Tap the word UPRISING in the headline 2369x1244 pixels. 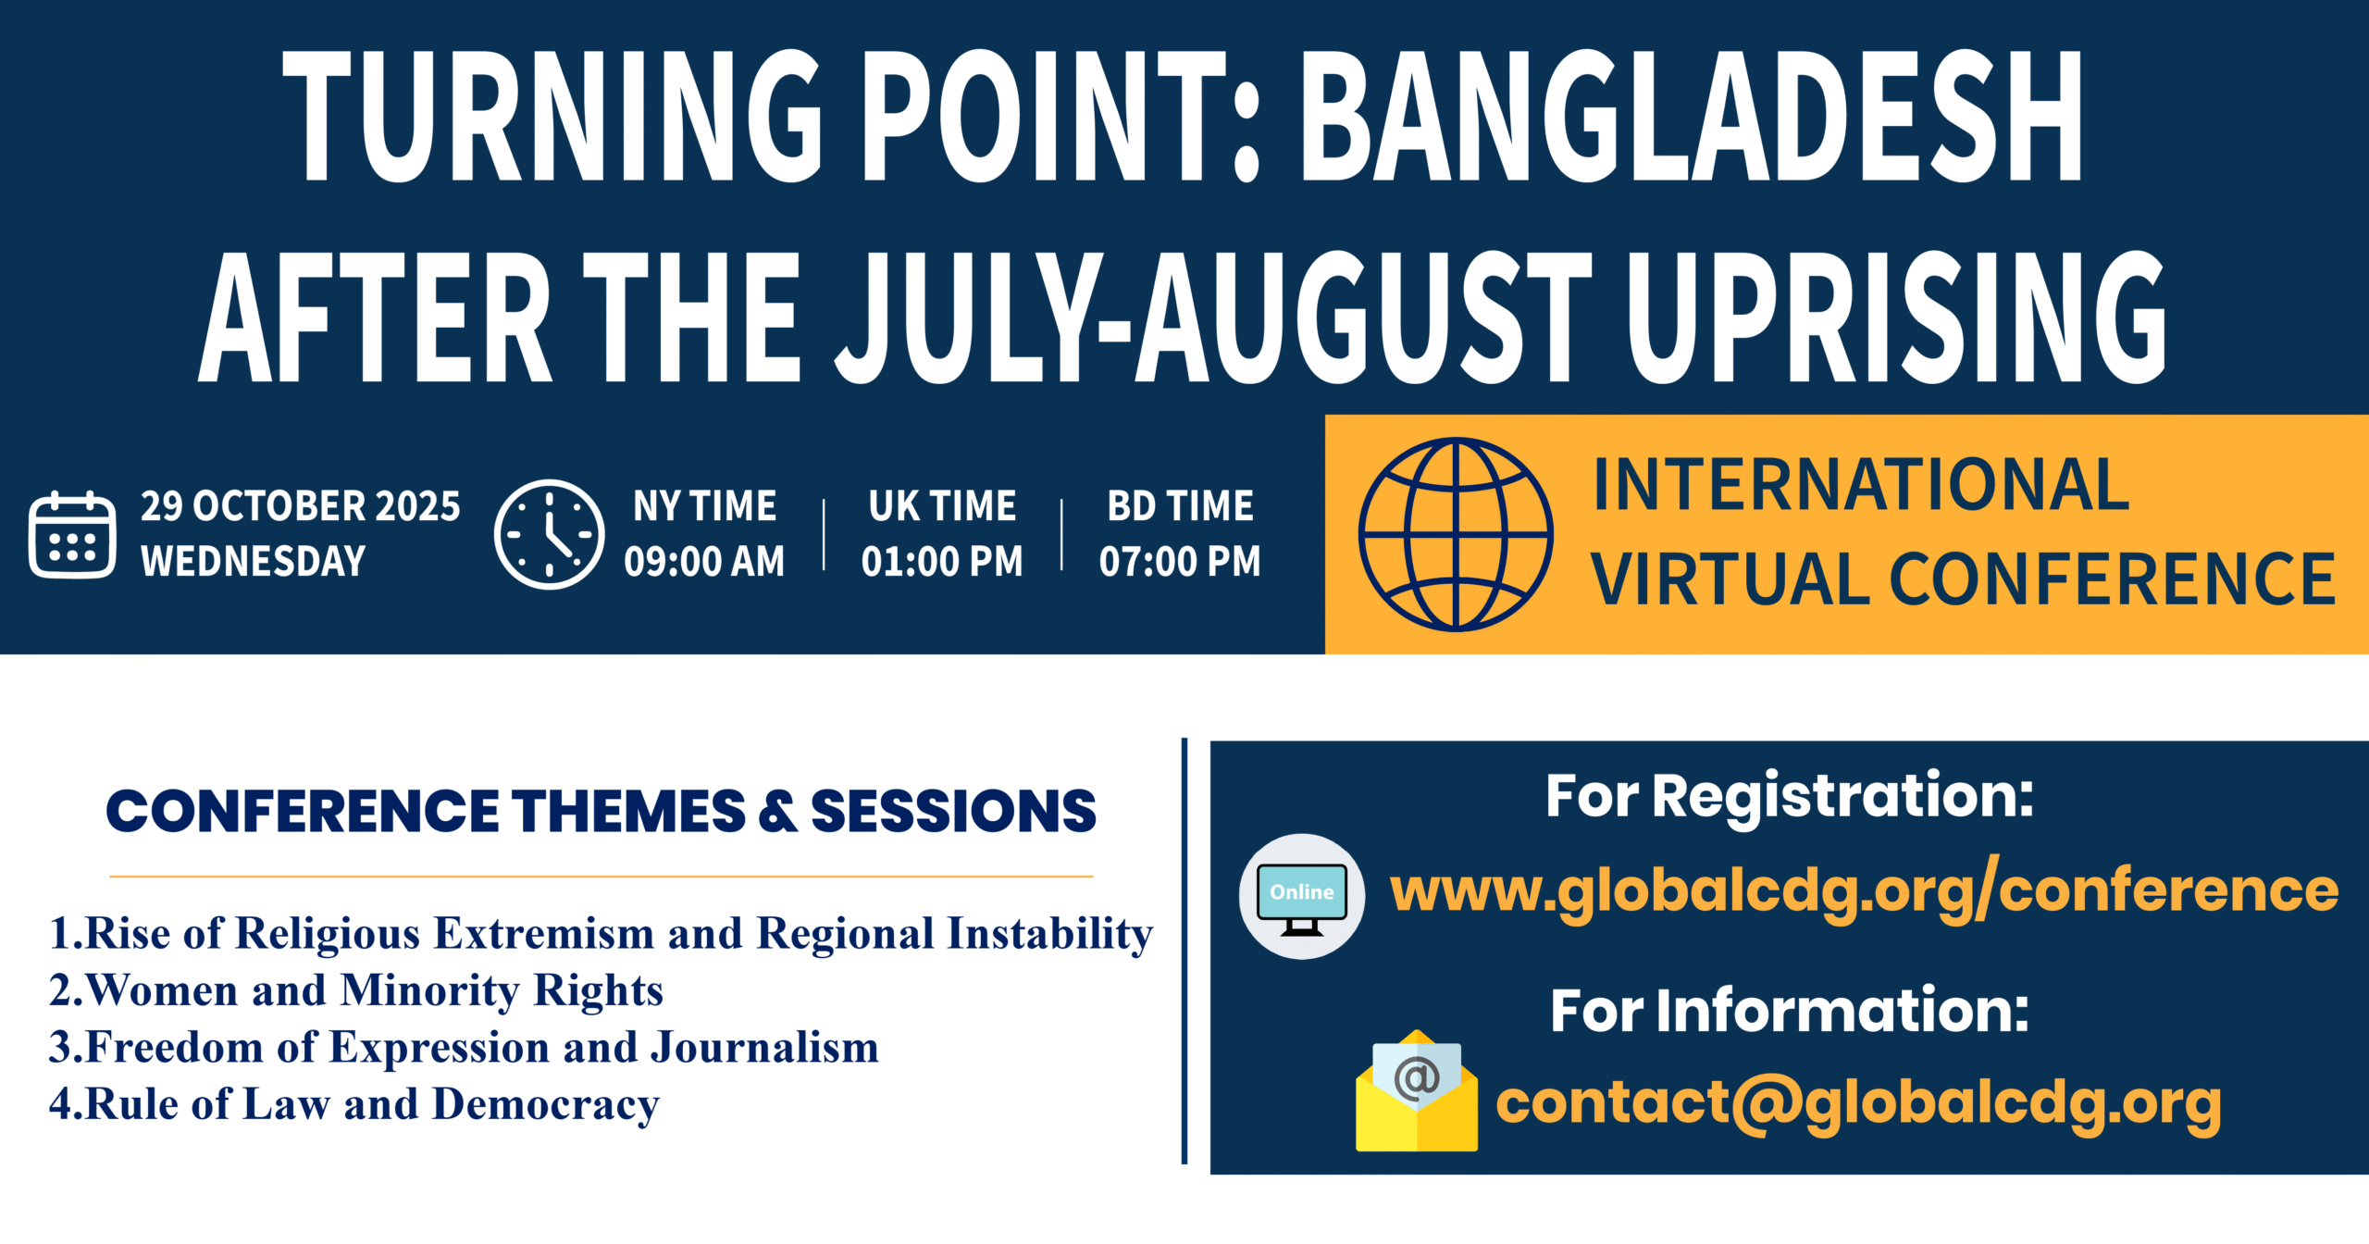click(1896, 317)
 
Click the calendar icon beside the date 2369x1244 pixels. click(72, 535)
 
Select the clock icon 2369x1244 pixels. click(550, 534)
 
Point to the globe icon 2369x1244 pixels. click(1456, 534)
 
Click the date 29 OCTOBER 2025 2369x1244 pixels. click(300, 506)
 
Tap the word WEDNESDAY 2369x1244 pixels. click(253, 561)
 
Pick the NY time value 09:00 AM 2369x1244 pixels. click(704, 561)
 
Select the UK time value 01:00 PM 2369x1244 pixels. click(942, 561)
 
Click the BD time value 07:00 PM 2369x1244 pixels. click(1180, 561)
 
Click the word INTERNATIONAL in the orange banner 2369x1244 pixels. click(1861, 484)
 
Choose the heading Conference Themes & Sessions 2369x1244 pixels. click(601, 811)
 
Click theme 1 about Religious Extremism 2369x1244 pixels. click(601, 933)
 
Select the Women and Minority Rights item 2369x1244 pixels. click(356, 990)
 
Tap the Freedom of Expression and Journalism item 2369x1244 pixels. click(464, 1048)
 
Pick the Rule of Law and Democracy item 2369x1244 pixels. click(354, 1104)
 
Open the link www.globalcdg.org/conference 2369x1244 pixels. click(1865, 890)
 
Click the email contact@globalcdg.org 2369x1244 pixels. click(1859, 1103)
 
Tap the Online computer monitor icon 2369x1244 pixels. click(1302, 897)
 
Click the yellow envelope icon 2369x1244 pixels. click(1417, 1092)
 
